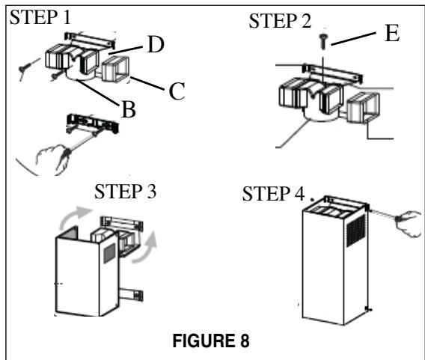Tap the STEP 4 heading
click(271, 196)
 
